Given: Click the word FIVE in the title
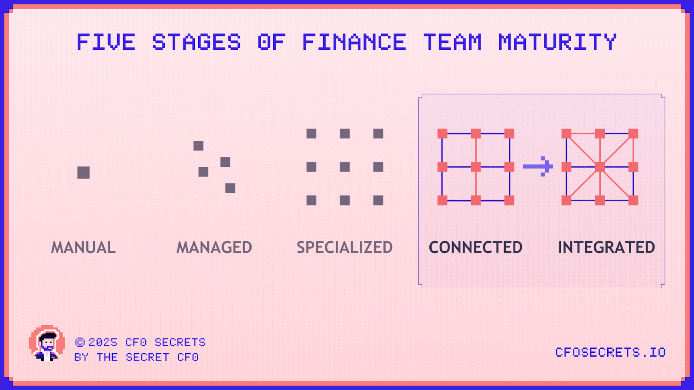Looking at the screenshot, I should coord(106,42).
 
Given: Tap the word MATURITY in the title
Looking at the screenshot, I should coord(557,42).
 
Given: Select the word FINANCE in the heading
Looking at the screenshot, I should coord(354,42).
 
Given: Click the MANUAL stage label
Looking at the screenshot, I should coord(84,247).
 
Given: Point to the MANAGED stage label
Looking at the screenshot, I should coord(214,247).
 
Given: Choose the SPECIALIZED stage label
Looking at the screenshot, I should coord(345,247).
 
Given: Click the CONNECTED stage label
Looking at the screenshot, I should coord(476,247).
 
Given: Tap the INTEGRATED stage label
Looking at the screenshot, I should coord(606,247).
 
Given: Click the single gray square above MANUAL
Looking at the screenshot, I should coord(83,172).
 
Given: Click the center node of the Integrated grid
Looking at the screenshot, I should coord(600,167).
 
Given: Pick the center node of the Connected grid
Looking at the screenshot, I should coord(476,167).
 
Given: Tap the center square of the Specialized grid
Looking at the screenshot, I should coord(345,167).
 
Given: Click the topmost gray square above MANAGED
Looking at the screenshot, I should coord(198,146).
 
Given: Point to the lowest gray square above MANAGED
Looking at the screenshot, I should coord(230,188).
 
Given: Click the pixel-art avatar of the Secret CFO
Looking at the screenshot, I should coord(47,344).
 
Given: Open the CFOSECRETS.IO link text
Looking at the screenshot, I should coord(610,352).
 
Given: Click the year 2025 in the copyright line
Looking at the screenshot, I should coord(103,342).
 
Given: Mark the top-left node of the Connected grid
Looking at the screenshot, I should coord(442,133).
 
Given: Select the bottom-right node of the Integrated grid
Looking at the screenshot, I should coord(633,200).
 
